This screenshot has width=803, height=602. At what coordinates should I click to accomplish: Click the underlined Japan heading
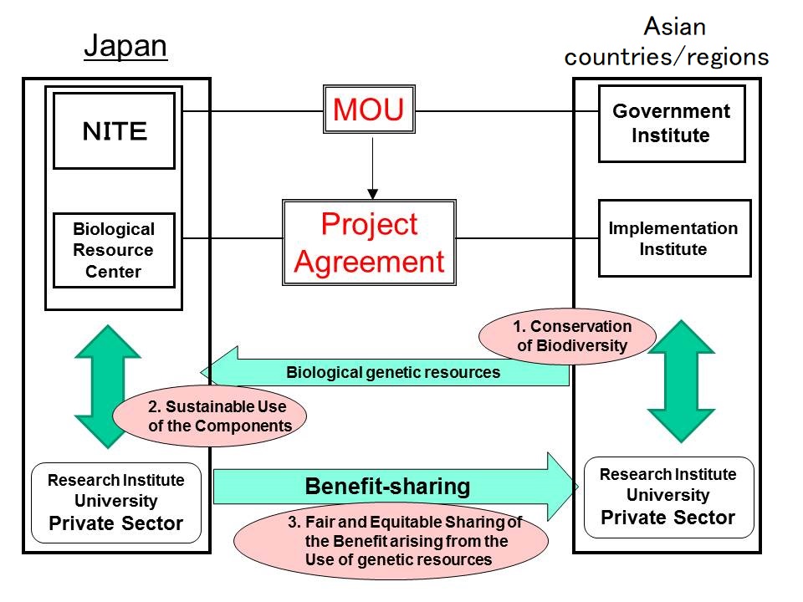pyautogui.click(x=125, y=48)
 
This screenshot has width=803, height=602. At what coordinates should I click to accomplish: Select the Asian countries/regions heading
pyautogui.click(x=667, y=42)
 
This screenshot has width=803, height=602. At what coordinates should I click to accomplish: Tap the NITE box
pyautogui.click(x=115, y=130)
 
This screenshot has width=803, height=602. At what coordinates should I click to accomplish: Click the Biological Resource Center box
pyautogui.click(x=114, y=250)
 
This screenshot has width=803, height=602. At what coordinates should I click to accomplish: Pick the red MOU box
pyautogui.click(x=369, y=110)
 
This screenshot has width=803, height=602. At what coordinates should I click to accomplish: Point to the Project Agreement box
pyautogui.click(x=369, y=242)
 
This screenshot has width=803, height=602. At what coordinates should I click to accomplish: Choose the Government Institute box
pyautogui.click(x=671, y=123)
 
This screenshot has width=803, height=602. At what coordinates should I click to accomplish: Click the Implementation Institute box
pyautogui.click(x=673, y=238)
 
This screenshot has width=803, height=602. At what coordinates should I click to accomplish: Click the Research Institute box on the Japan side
pyautogui.click(x=115, y=503)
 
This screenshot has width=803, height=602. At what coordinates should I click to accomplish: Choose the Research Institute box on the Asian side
pyautogui.click(x=668, y=496)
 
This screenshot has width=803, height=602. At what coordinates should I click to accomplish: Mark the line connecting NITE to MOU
pyautogui.click(x=251, y=110)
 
